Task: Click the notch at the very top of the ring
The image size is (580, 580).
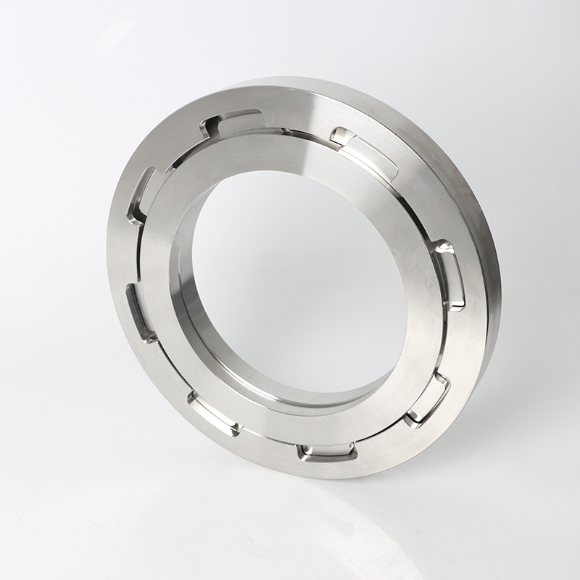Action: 231,125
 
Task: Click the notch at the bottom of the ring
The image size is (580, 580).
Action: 327,452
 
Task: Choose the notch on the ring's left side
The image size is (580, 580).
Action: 140,312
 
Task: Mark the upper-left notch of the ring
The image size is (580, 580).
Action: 144,194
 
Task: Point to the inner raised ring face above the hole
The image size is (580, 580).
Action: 290,152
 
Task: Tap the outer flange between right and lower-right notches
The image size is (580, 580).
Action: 464,341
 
